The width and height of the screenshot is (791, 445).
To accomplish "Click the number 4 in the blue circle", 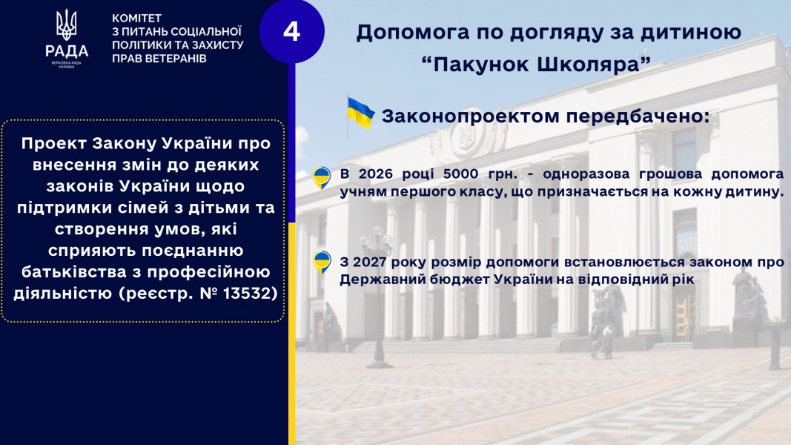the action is (291, 31).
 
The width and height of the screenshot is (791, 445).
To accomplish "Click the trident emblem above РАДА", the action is (66, 24).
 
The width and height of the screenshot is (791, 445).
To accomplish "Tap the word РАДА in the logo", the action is (67, 51).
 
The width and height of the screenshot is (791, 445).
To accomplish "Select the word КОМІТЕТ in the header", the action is (136, 18).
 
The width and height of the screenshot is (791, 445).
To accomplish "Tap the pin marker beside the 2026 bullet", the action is (321, 177).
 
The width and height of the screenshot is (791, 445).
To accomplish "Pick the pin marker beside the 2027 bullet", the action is (321, 262).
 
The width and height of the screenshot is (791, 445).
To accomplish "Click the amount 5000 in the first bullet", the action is (460, 174).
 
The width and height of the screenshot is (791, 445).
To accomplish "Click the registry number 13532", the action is (250, 293).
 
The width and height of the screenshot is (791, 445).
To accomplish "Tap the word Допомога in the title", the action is (411, 33).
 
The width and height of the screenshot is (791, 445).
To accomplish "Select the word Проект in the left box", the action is (54, 144).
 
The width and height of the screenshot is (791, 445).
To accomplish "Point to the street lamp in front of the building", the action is (379, 297).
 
